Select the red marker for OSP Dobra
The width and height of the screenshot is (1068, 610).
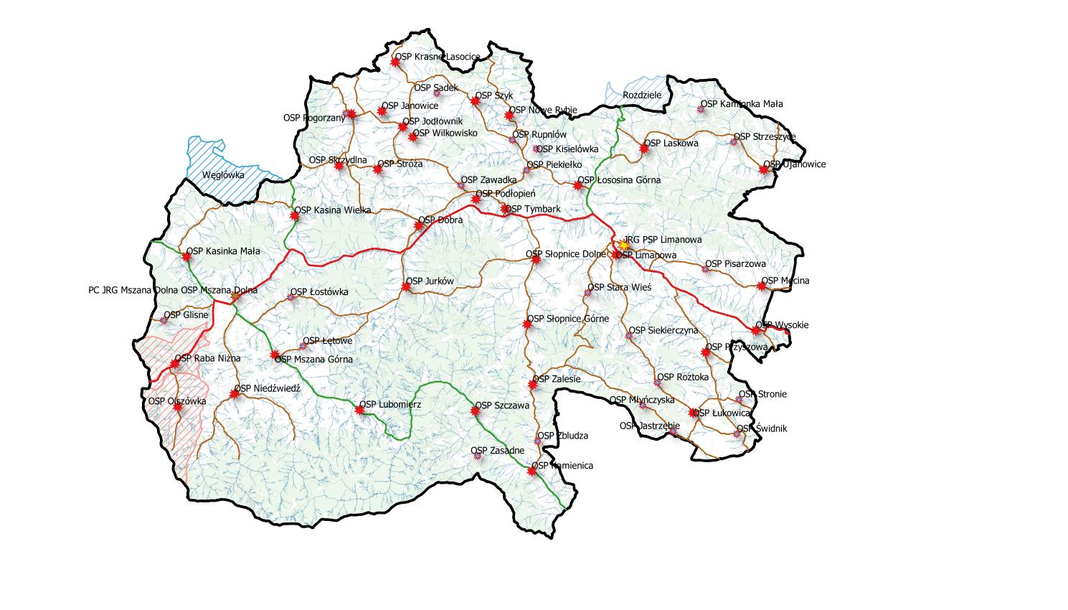coord(419,225)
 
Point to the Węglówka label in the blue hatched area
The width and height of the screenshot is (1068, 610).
coord(223,174)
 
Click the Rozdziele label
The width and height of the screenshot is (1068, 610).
coord(642,95)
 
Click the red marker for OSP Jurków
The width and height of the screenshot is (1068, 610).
coord(406,287)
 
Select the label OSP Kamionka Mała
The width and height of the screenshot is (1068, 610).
coord(742,103)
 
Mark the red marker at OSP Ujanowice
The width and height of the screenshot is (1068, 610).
coord(765,169)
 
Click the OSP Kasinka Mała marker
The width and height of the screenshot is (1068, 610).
coord(186,255)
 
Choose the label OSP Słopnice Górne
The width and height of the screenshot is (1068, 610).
coord(568,319)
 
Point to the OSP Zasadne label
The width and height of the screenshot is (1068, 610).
coord(498,451)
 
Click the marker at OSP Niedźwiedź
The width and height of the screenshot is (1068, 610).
coord(235,393)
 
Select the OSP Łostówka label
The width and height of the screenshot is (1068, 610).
coord(319,292)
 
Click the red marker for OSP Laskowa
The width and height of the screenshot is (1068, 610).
coord(644,149)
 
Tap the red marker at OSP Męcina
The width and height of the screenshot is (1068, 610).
coord(762,286)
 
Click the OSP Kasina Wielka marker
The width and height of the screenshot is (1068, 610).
coord(294,215)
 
